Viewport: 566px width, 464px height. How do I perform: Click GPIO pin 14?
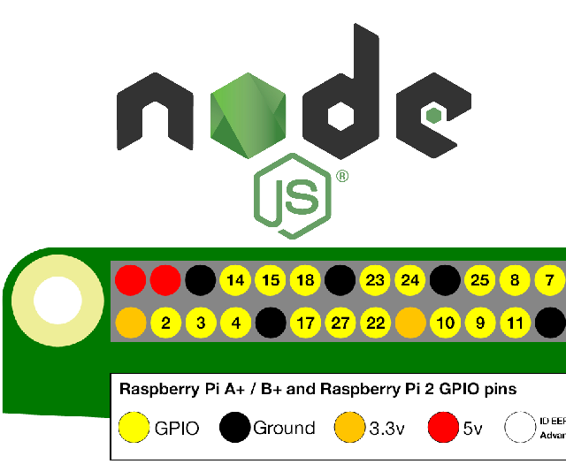(236, 281)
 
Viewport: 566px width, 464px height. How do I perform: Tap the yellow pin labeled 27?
(340, 323)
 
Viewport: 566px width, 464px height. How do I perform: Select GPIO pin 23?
(376, 281)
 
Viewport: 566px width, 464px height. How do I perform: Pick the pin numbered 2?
(166, 323)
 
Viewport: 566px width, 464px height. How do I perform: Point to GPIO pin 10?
(446, 323)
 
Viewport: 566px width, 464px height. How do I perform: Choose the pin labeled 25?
(480, 281)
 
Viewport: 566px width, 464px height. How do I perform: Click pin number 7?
(550, 281)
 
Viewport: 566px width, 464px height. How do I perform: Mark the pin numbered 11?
(515, 323)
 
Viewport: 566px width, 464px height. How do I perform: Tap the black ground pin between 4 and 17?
(271, 323)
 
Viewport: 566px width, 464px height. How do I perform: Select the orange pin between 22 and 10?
(410, 323)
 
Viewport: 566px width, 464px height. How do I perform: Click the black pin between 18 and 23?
(340, 281)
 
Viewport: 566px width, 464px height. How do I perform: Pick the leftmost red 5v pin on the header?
(131, 281)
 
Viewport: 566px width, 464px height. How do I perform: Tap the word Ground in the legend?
(284, 428)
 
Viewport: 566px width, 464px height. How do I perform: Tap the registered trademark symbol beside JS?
(341, 176)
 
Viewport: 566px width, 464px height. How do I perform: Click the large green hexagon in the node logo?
(249, 113)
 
